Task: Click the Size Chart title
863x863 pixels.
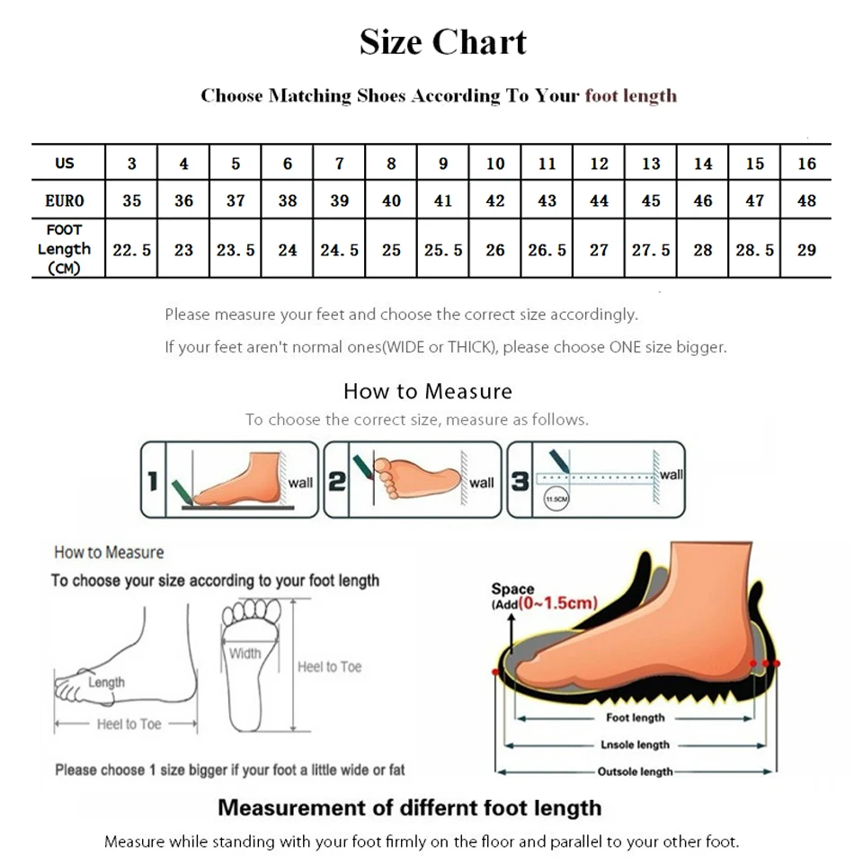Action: click(x=443, y=42)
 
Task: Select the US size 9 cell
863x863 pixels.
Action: click(x=443, y=164)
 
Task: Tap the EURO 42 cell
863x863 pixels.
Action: click(x=495, y=200)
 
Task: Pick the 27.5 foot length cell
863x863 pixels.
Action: click(x=651, y=250)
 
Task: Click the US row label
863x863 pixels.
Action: click(x=65, y=164)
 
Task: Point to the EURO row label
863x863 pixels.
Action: click(x=65, y=200)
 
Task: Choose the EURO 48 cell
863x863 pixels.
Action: click(x=806, y=200)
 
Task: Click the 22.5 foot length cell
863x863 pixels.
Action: click(x=131, y=250)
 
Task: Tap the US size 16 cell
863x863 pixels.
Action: click(x=806, y=164)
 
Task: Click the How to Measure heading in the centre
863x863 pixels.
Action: click(x=428, y=391)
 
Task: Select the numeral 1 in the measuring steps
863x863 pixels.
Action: click(x=153, y=482)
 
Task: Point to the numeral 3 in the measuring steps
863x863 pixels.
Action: click(x=520, y=482)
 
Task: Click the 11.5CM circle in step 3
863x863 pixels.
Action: click(x=556, y=499)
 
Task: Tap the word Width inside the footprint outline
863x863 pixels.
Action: click(x=245, y=654)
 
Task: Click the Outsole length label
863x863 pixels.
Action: click(x=635, y=771)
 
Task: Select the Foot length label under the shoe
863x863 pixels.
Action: click(x=635, y=717)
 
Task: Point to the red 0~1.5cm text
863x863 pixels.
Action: click(x=557, y=603)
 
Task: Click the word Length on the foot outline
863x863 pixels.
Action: click(x=106, y=682)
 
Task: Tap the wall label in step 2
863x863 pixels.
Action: click(x=482, y=483)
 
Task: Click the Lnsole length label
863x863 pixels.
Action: click(x=635, y=744)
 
